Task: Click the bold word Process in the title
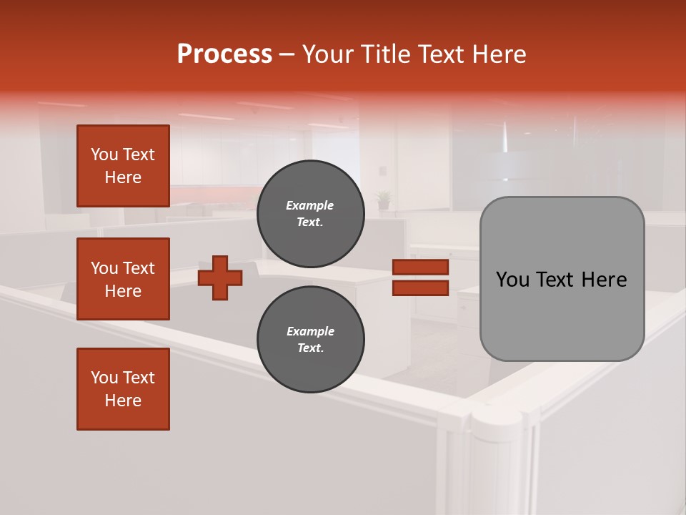[224, 54]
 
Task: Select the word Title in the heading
[387, 54]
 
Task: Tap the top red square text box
[123, 166]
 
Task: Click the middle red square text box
[123, 279]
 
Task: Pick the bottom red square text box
[123, 388]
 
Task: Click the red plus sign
[219, 278]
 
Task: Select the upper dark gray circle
[310, 213]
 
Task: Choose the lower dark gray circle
[310, 339]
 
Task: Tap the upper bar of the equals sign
[420, 268]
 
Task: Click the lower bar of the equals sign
[420, 288]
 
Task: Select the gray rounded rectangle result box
[562, 279]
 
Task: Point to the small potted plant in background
[384, 198]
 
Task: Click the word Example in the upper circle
[309, 205]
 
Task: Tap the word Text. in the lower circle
[309, 348]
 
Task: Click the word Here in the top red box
[123, 177]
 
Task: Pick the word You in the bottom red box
[104, 378]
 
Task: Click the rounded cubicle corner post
[497, 458]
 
